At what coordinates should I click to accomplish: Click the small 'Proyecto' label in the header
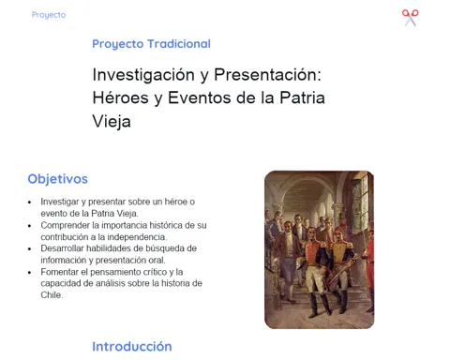click(x=49, y=15)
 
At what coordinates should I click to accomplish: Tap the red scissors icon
click(x=411, y=18)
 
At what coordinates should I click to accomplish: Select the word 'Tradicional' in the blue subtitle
click(x=179, y=44)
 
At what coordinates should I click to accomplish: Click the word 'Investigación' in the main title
click(x=143, y=75)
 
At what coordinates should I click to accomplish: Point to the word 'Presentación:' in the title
click(x=268, y=75)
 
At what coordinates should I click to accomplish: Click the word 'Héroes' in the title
click(x=120, y=97)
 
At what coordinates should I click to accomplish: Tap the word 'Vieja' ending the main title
click(x=112, y=121)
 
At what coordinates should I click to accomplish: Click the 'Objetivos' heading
click(x=58, y=179)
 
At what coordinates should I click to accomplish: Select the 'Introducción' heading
click(x=132, y=347)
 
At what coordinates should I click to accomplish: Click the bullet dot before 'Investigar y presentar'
click(x=29, y=202)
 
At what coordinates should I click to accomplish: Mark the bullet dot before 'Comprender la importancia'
click(x=29, y=226)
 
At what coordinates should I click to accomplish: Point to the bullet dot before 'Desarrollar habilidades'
click(x=29, y=249)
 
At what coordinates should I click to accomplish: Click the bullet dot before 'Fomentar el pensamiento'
click(x=29, y=273)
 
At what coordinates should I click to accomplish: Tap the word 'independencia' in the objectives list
click(x=136, y=237)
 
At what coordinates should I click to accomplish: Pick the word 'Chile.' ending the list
click(x=52, y=294)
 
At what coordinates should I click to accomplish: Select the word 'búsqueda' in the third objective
click(x=164, y=248)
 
